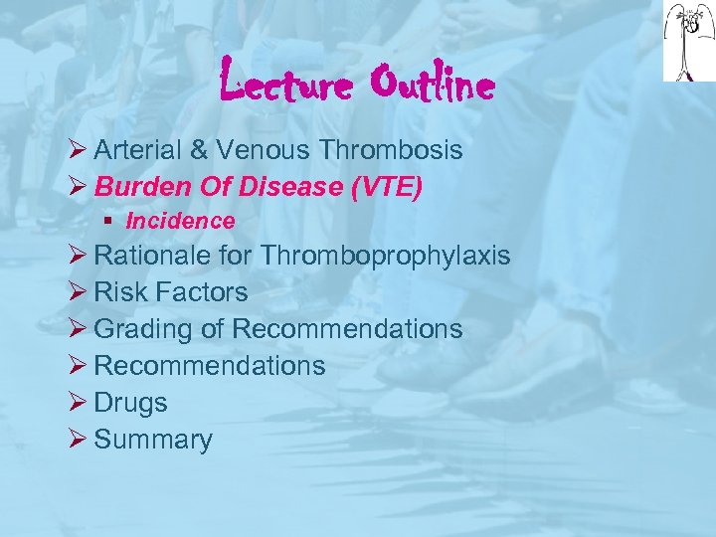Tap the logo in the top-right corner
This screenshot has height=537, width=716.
[x=689, y=42]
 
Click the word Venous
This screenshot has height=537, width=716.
[x=261, y=150]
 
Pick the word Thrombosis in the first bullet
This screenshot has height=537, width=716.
[x=392, y=150]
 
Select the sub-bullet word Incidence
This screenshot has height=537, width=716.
[x=180, y=221]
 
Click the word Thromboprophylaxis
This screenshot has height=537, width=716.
[x=386, y=256]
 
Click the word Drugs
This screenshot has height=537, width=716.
[x=130, y=403]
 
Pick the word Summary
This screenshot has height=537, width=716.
[x=153, y=440]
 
